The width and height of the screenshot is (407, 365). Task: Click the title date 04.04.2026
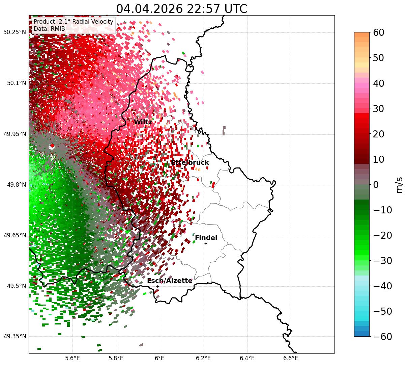[149, 9]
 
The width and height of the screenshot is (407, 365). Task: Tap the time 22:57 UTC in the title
[217, 9]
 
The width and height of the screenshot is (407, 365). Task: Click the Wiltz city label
[143, 122]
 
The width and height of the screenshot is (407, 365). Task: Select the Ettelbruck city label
[190, 162]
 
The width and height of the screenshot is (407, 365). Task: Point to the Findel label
[206, 238]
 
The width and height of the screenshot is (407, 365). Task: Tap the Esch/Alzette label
[170, 281]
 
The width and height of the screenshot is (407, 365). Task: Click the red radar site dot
[52, 145]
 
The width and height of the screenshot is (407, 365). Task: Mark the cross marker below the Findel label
[206, 244]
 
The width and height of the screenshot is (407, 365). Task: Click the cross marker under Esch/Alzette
[157, 286]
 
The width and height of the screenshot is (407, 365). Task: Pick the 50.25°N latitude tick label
[14, 32]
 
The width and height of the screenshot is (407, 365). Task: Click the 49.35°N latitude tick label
[14, 336]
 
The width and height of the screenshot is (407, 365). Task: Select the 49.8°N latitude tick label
[17, 185]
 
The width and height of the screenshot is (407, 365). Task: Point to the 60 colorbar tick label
[378, 32]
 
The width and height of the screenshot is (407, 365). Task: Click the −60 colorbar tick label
[382, 336]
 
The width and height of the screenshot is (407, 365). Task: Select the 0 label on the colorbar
[376, 184]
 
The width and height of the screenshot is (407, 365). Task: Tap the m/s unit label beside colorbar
[399, 185]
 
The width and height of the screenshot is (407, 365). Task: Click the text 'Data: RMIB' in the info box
[49, 29]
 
